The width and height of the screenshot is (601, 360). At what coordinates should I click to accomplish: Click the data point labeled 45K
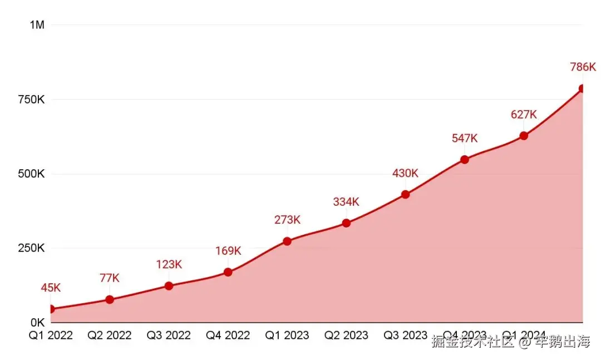51,309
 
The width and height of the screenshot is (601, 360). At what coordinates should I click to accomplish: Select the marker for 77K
110,299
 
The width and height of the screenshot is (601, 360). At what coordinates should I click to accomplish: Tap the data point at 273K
287,241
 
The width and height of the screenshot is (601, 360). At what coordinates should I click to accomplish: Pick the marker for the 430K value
406,194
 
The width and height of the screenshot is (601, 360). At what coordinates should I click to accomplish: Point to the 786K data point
582,88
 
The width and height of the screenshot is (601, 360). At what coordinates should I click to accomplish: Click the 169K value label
228,251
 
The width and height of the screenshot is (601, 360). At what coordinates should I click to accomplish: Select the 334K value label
346,202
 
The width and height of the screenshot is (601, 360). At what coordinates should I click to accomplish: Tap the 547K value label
465,139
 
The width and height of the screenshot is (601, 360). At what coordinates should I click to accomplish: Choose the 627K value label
524,115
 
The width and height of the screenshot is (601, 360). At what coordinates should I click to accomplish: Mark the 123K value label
169,264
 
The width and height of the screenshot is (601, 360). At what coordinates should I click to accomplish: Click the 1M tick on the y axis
37,25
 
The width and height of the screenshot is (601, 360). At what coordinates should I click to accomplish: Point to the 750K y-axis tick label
31,100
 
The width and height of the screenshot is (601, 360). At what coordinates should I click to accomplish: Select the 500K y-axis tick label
31,174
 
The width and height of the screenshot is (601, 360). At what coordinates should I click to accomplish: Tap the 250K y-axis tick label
31,248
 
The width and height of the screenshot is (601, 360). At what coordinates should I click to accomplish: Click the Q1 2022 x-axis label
51,336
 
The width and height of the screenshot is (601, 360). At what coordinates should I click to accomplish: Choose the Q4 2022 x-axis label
228,336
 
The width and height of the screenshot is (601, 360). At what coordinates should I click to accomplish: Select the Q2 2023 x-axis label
346,336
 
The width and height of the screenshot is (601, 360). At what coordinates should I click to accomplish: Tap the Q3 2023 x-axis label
406,336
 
